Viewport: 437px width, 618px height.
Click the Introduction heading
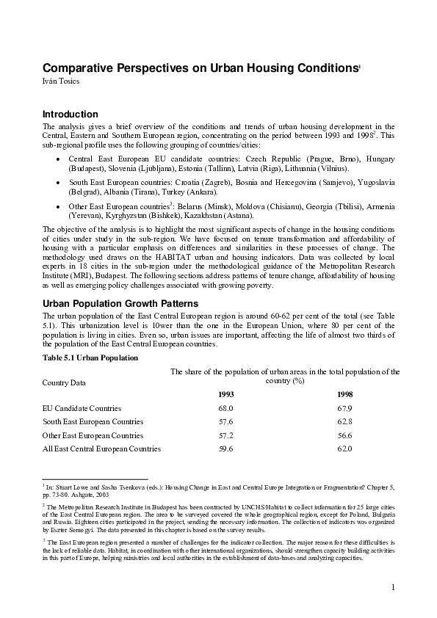(71, 114)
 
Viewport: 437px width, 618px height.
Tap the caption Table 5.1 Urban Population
(90, 357)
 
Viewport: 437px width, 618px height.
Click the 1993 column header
(225, 394)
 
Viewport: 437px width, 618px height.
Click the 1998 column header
(344, 394)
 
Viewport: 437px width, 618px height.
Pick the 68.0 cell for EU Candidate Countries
(225, 408)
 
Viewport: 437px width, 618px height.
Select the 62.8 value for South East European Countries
(344, 422)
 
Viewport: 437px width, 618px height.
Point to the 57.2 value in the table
(225, 435)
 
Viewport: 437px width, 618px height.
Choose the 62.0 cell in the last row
(344, 448)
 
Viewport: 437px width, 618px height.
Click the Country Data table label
(64, 382)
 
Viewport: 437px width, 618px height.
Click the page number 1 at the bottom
(394, 586)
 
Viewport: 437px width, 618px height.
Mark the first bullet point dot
(59, 159)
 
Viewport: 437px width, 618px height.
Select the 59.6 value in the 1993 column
(225, 448)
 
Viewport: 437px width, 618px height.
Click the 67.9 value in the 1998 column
(344, 408)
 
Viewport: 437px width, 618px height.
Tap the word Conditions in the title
(323, 68)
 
